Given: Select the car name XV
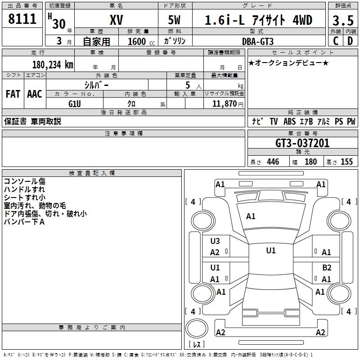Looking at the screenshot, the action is [x=117, y=21].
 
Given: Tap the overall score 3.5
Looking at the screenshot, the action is [x=342, y=21].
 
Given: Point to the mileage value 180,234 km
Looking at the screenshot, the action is [x=53, y=64].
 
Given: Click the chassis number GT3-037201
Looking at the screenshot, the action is [x=302, y=144].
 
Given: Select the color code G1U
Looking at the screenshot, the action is [x=74, y=103].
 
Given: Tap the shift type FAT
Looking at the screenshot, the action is [x=13, y=94].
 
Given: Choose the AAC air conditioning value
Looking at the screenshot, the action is [x=35, y=94].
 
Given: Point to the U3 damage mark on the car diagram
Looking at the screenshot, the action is [x=215, y=241].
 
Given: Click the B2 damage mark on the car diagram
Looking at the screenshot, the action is [x=327, y=267].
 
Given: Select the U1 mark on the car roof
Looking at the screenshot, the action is [x=270, y=251].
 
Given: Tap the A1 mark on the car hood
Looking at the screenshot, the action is [x=251, y=216].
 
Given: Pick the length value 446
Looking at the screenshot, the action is [x=273, y=162].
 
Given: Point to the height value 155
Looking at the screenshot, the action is [x=346, y=162].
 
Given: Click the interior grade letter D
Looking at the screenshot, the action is [x=350, y=41].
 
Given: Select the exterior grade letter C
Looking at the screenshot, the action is [x=335, y=41].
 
